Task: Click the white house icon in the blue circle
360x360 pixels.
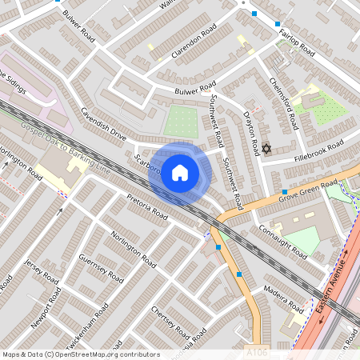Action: click(x=180, y=172)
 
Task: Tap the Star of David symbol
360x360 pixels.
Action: click(x=266, y=149)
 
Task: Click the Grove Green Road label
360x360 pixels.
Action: click(x=309, y=190)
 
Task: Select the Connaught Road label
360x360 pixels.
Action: click(x=282, y=239)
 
